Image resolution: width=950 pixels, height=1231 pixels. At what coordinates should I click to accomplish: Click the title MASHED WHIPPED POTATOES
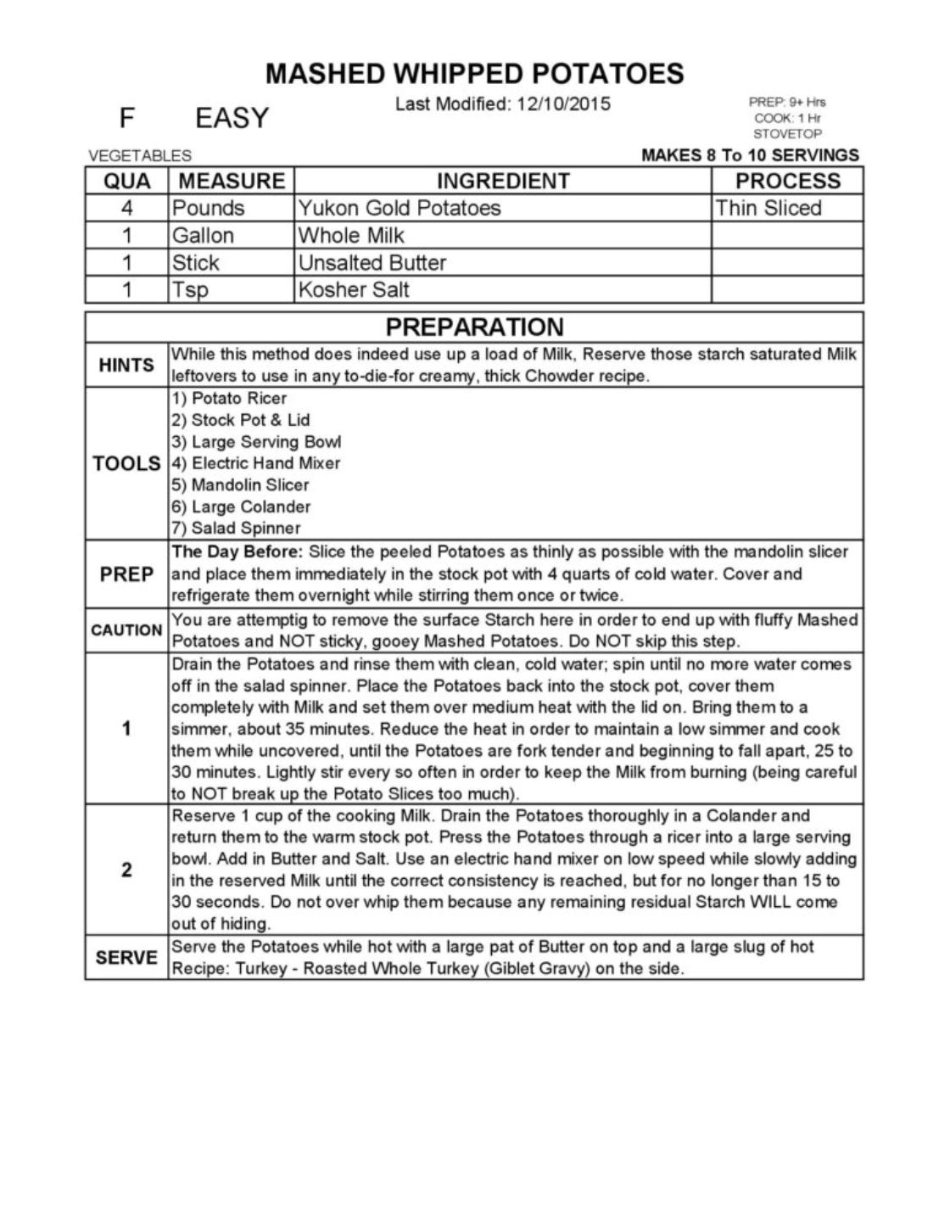(x=474, y=74)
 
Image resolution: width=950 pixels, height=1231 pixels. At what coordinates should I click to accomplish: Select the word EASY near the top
(x=232, y=118)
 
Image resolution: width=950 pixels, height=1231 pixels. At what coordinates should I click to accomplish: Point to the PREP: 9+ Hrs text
(x=786, y=102)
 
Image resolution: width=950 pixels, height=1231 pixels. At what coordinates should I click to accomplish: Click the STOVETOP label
(x=787, y=134)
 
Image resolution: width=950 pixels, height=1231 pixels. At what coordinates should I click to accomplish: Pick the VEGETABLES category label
(x=140, y=156)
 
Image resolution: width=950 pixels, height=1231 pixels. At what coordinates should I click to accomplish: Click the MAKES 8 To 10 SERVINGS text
(x=750, y=155)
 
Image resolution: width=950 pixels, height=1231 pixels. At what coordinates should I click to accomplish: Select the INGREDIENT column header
(x=502, y=181)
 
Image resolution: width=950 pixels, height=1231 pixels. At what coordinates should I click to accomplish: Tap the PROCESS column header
(x=787, y=181)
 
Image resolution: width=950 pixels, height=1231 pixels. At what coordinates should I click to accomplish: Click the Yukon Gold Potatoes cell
(x=399, y=208)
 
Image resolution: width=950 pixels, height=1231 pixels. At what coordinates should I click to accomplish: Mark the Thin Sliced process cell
(x=768, y=208)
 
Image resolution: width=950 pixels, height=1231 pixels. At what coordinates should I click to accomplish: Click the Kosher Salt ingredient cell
(x=354, y=289)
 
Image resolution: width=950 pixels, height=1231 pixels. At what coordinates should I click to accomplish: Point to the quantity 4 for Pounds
(x=126, y=208)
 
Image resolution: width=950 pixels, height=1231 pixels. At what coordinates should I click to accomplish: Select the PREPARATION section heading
(x=474, y=327)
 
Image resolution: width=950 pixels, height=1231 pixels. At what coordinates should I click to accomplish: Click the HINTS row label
(x=126, y=365)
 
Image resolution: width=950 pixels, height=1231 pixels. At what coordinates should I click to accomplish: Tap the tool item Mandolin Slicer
(x=249, y=485)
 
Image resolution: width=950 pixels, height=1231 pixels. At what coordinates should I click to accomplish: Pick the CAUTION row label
(x=126, y=630)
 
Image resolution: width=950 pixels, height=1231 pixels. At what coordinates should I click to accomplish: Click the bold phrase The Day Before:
(x=237, y=552)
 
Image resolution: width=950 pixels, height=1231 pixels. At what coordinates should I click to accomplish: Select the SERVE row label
(x=126, y=958)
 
